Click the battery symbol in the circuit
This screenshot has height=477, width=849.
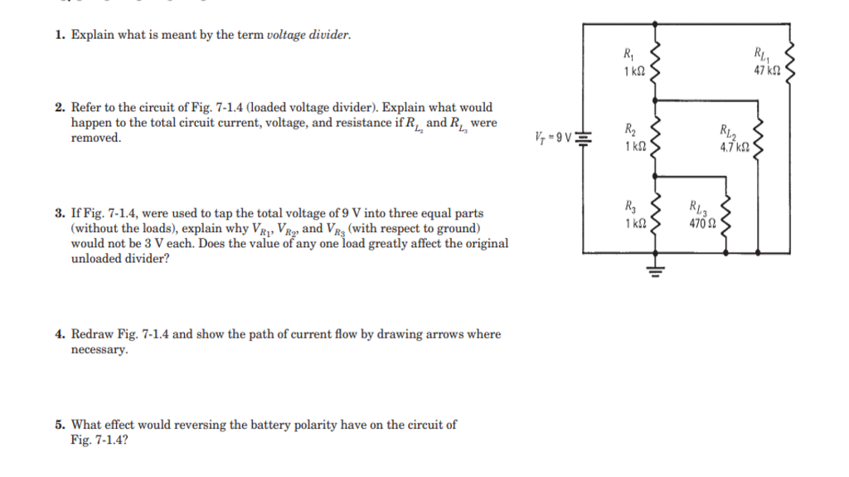584,138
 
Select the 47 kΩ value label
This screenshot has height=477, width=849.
767,71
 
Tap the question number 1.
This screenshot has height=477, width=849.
60,36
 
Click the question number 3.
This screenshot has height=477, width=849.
60,213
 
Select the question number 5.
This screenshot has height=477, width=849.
60,425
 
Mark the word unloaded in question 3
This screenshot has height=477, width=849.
96,259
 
